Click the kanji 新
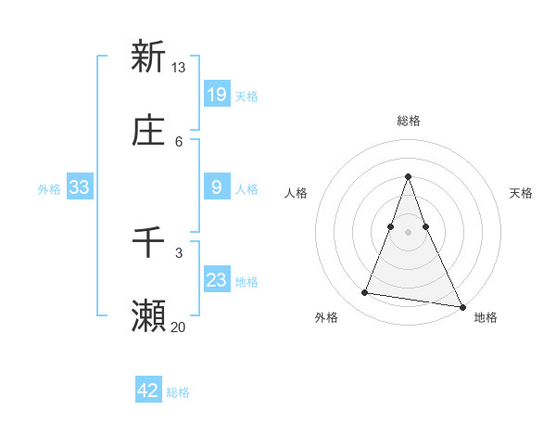[x=148, y=57]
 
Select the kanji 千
[x=148, y=243]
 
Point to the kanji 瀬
[x=148, y=316]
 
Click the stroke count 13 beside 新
[x=179, y=68]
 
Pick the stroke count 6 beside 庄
[x=179, y=141]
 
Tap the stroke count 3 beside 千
[x=179, y=252]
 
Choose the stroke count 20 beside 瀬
[x=179, y=327]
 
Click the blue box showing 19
[x=216, y=94]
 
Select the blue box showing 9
[x=216, y=187]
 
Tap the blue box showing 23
[x=216, y=280]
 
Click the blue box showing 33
[x=80, y=187]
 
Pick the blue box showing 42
[x=148, y=391]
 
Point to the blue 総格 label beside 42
[x=178, y=392]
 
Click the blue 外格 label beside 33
[x=49, y=188]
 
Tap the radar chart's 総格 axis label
[x=409, y=122]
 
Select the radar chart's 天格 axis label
[x=522, y=193]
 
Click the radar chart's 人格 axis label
[x=296, y=193]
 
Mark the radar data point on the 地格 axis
[x=461, y=306]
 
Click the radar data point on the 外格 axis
[x=365, y=293]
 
